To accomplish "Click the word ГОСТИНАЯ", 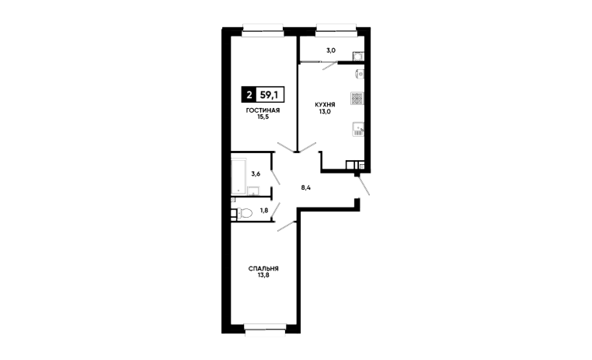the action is click(x=263, y=110).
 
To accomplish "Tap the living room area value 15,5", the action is click(x=263, y=117).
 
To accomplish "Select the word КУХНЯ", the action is click(x=325, y=105).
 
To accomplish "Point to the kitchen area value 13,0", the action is click(x=325, y=111).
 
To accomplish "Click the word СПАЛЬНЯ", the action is click(x=263, y=268).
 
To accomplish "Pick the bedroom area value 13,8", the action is click(x=263, y=275).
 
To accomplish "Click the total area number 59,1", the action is click(x=270, y=95).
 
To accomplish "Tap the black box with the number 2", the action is click(x=249, y=95).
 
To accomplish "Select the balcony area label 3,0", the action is click(x=331, y=51).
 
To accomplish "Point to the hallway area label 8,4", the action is click(x=306, y=187).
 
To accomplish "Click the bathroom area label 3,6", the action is click(x=256, y=174).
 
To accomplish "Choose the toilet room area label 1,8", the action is click(x=264, y=211).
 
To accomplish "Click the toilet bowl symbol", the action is click(x=244, y=213).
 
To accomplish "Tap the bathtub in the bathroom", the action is click(x=239, y=176).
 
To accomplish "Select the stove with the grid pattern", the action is click(x=357, y=98).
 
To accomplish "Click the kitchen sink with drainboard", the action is click(x=358, y=129).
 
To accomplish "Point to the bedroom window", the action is click(x=265, y=330).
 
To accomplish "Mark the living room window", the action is click(x=263, y=30).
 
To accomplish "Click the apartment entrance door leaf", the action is click(x=364, y=186).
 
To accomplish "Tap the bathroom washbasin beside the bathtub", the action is click(x=253, y=190).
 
